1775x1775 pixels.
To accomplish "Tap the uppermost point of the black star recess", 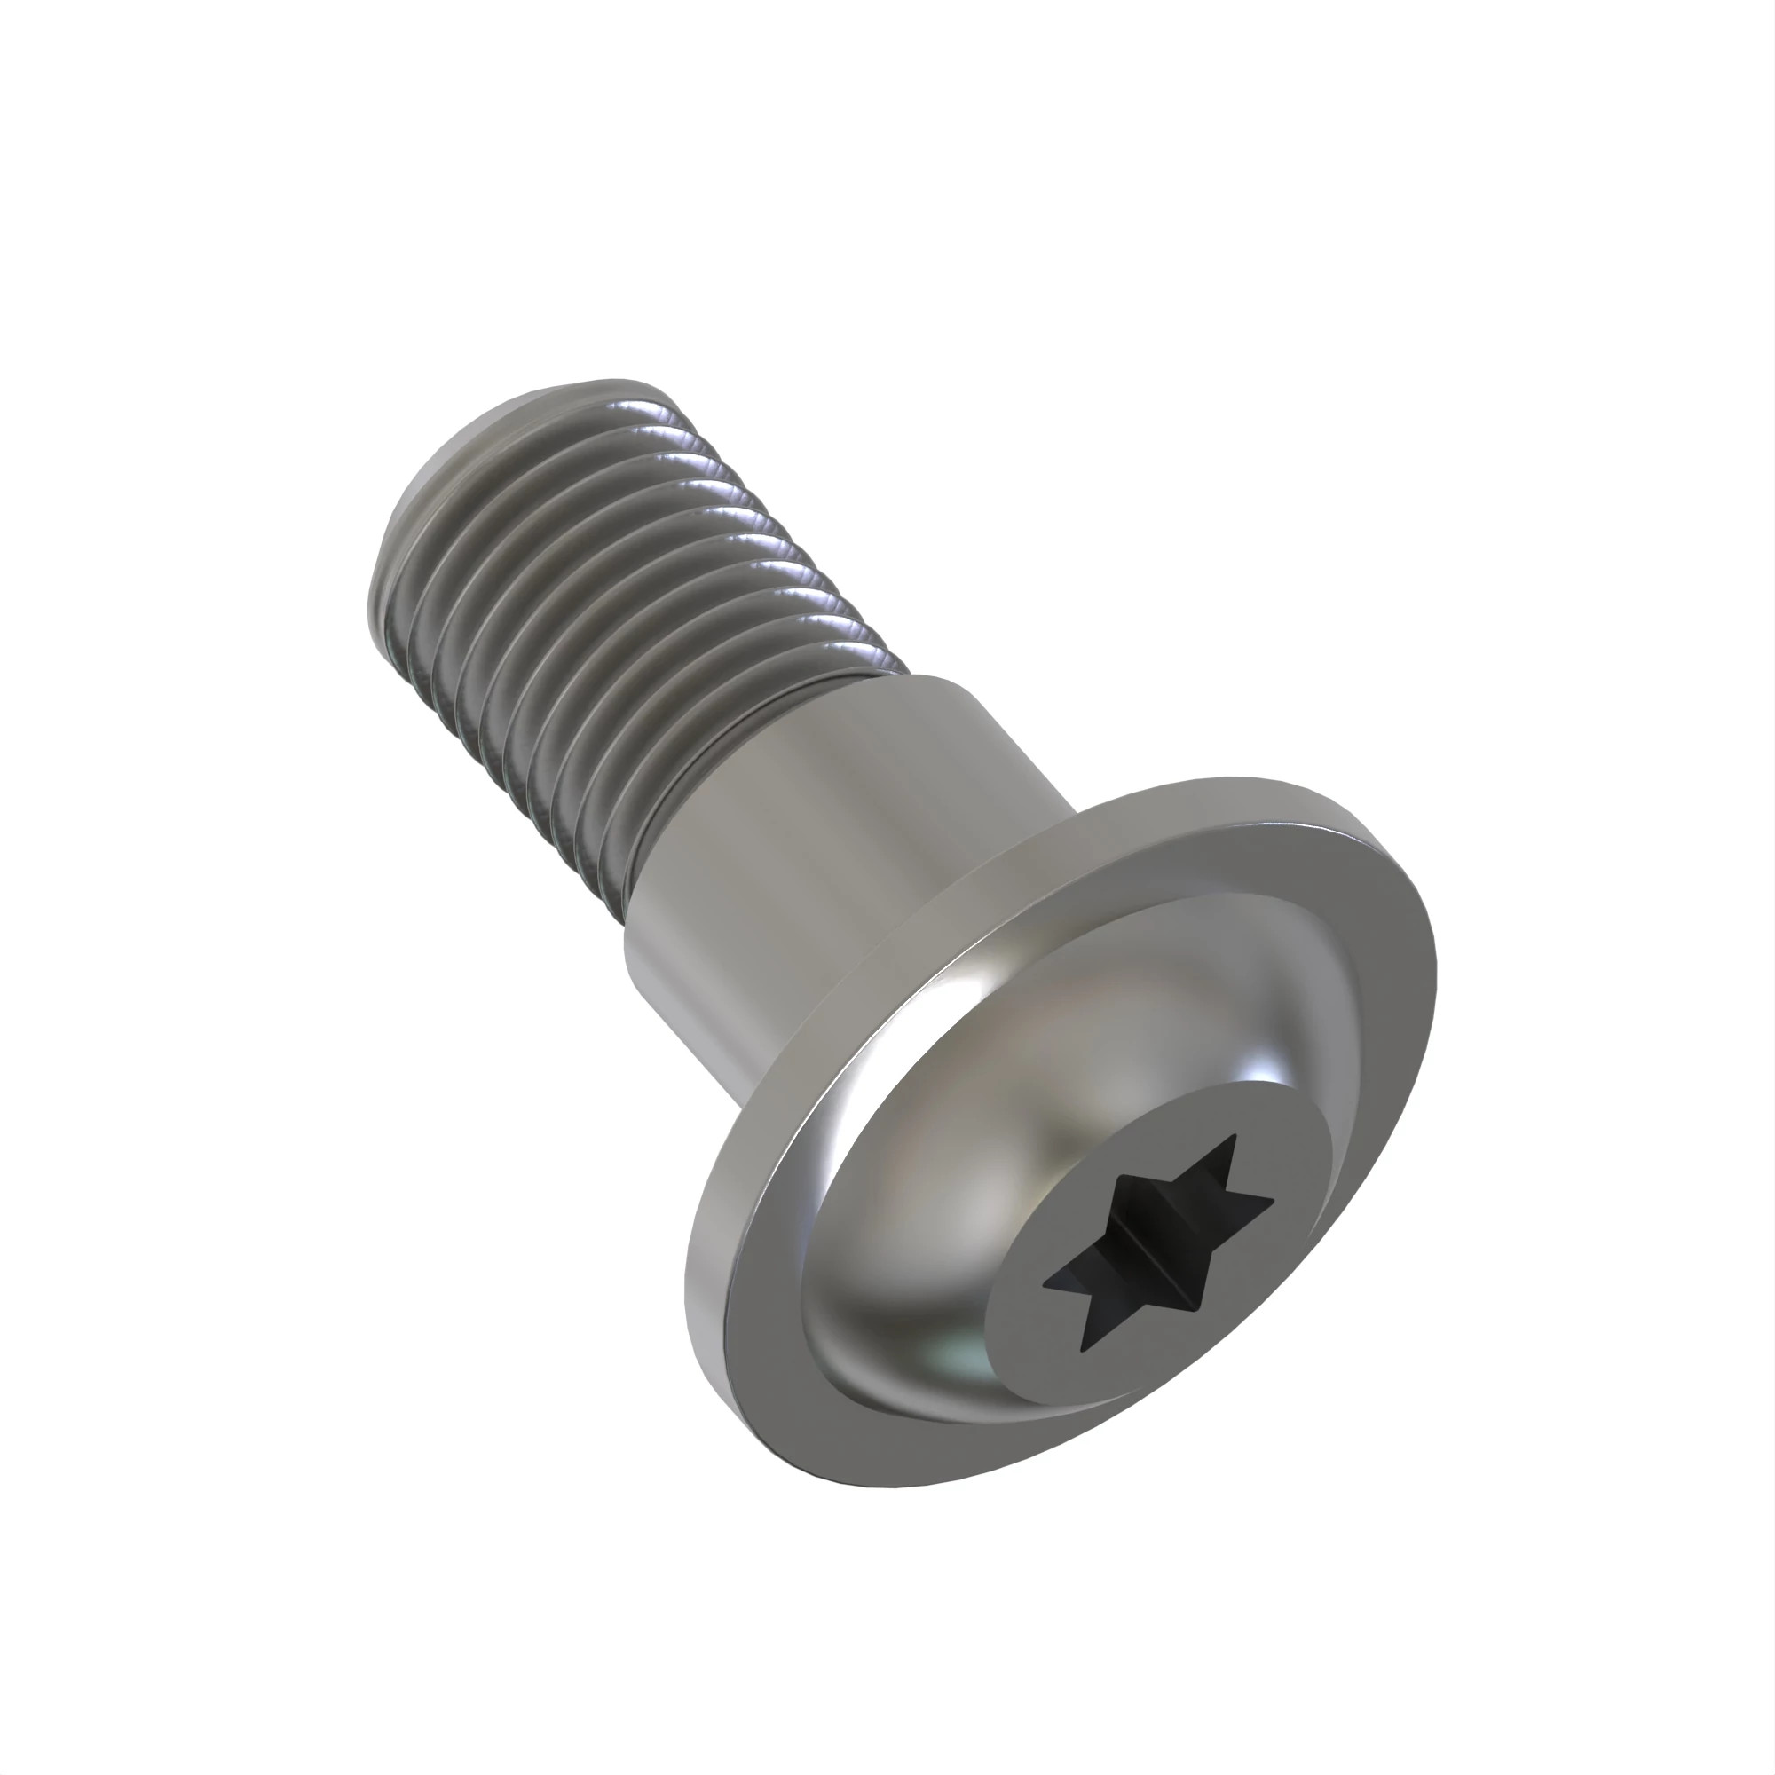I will coord(1234,1137).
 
